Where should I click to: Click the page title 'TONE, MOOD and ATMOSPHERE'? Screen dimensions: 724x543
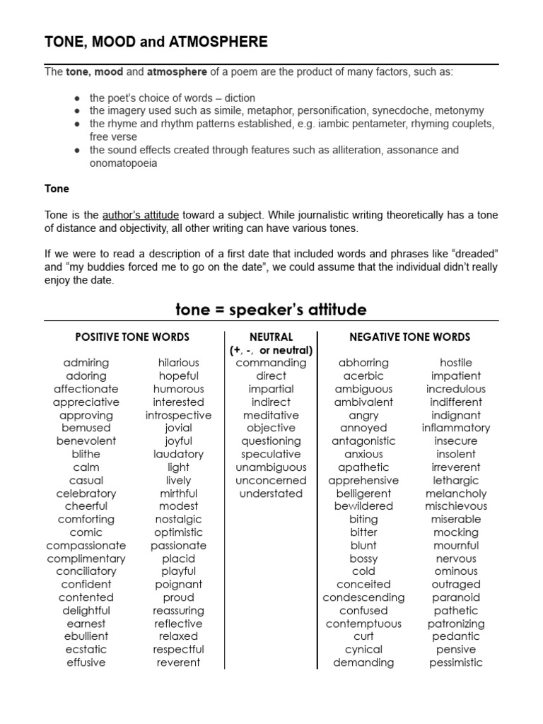(156, 42)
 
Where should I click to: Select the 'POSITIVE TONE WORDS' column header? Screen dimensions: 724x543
(132, 337)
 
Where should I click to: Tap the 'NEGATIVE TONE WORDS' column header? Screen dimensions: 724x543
(409, 337)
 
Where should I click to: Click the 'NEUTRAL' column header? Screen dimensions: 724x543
(271, 337)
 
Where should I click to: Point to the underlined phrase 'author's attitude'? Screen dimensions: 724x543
(140, 215)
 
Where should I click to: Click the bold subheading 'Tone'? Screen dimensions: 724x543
(57, 189)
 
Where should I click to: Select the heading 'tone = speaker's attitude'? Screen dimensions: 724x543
(271, 310)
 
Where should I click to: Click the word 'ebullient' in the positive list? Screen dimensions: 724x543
(86, 636)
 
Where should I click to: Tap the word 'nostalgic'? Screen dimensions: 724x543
(179, 519)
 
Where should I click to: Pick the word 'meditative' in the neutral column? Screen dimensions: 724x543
(271, 415)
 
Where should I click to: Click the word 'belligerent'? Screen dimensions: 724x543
(363, 494)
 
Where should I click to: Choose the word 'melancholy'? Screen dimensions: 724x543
(456, 494)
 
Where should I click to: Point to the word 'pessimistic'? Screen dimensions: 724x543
(456, 662)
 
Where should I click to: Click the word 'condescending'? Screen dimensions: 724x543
(363, 597)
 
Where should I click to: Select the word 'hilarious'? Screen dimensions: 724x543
(179, 363)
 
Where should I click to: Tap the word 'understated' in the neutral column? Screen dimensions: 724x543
(271, 494)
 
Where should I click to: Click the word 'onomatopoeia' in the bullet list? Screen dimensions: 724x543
(123, 163)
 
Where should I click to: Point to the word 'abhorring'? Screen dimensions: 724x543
(363, 363)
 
